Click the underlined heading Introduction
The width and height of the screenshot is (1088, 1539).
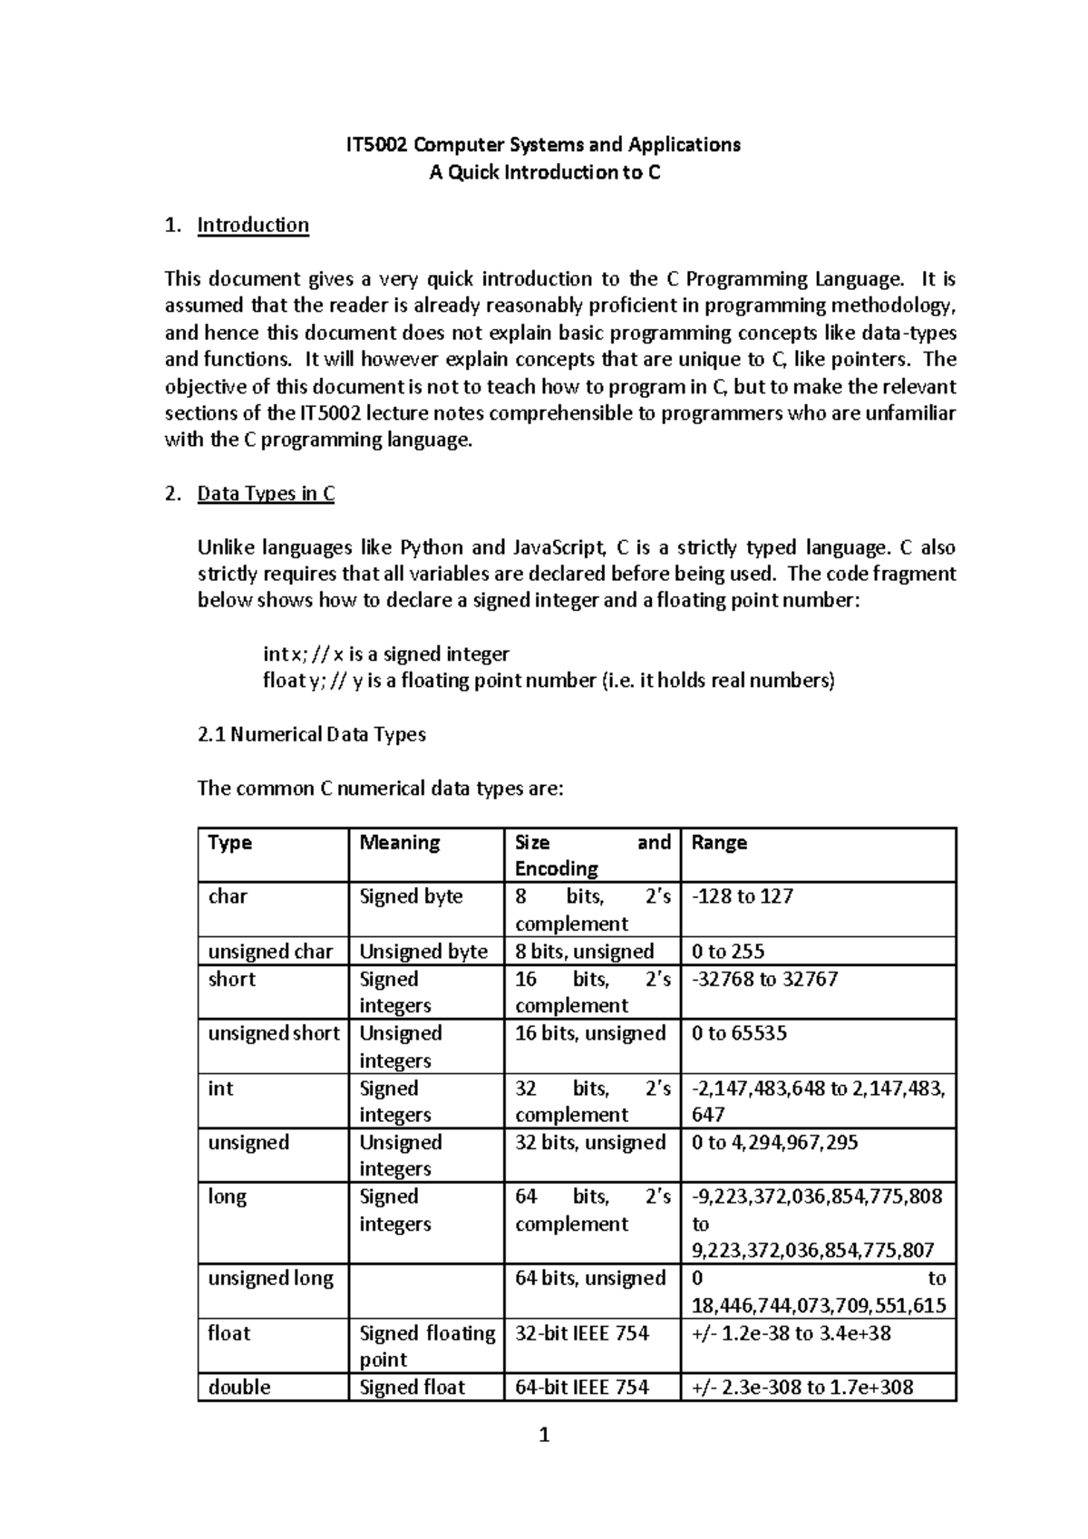(253, 225)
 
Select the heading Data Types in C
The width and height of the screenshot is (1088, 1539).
(266, 494)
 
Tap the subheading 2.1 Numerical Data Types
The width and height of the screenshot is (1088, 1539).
(311, 734)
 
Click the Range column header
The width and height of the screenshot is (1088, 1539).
(719, 843)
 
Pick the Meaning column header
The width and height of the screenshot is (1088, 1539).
(399, 843)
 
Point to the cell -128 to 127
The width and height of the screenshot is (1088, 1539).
(742, 897)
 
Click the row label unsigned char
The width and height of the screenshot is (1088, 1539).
(270, 952)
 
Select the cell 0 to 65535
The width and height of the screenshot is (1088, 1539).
(739, 1034)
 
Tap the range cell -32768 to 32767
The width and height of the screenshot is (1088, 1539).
(764, 980)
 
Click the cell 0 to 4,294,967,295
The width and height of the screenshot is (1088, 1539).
(774, 1143)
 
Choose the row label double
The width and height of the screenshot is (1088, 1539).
(239, 1388)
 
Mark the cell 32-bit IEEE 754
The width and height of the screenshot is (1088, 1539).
(582, 1333)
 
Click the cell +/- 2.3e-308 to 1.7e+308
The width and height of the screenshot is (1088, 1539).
(801, 1388)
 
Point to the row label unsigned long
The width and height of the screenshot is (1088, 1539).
(270, 1279)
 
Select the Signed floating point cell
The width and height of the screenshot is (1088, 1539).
(426, 1346)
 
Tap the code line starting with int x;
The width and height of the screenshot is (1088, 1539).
(385, 654)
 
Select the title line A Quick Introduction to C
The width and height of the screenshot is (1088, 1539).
(544, 172)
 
